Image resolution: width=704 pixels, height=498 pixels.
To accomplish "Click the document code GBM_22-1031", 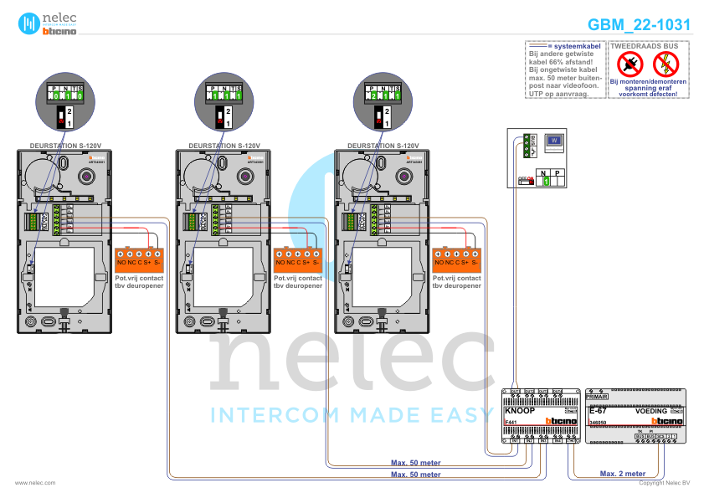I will (x=639, y=25).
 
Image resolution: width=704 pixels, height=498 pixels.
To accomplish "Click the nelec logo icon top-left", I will (x=29, y=23).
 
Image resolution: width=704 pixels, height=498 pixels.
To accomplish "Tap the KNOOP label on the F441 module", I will (x=520, y=411).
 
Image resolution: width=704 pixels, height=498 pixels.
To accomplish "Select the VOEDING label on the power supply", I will (x=650, y=411).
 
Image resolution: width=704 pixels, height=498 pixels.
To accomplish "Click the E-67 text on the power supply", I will (x=598, y=411).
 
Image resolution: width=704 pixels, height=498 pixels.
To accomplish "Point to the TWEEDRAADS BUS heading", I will (x=645, y=44).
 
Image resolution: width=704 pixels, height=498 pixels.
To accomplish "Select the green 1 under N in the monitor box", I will (x=544, y=181).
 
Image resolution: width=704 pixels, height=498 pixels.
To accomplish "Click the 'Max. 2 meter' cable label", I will (x=623, y=474).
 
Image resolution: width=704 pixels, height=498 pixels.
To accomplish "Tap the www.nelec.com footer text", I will (x=35, y=483).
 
